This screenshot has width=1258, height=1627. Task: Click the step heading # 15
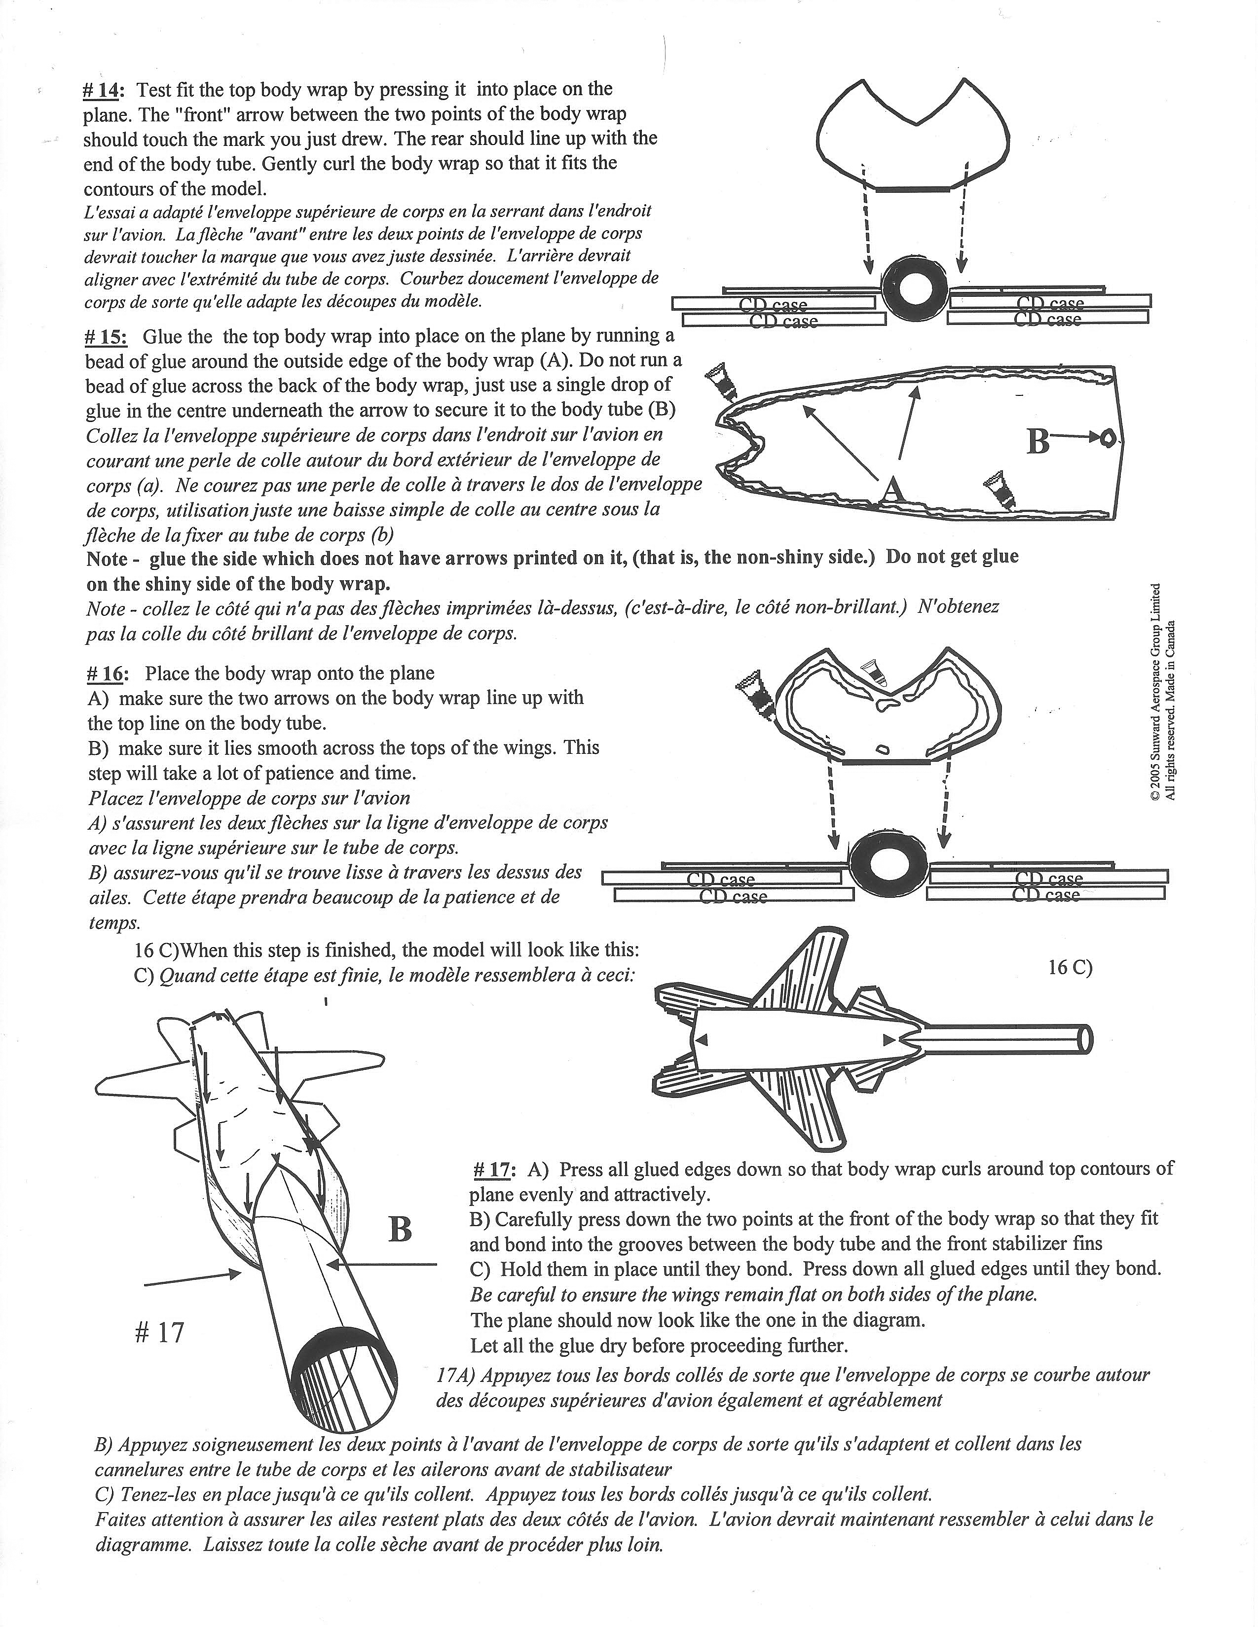(x=106, y=337)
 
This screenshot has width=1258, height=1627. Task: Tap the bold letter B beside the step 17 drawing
(x=400, y=1229)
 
